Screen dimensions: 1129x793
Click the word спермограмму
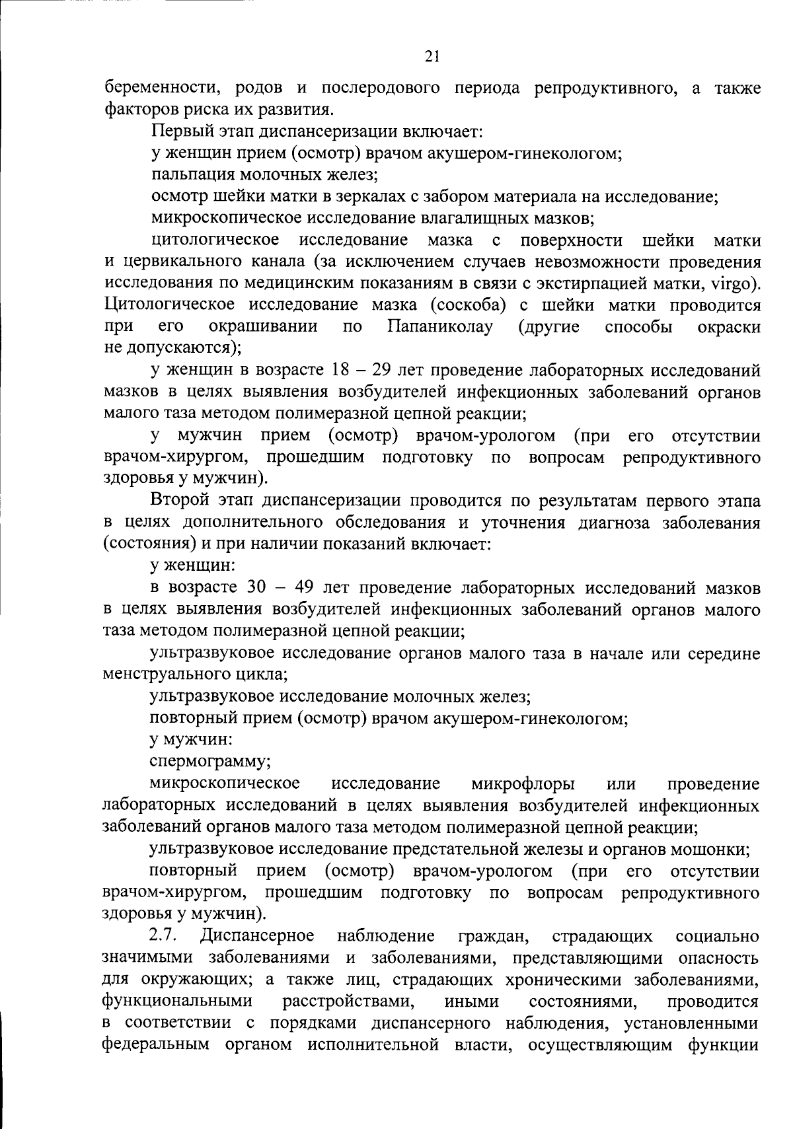(x=210, y=761)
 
